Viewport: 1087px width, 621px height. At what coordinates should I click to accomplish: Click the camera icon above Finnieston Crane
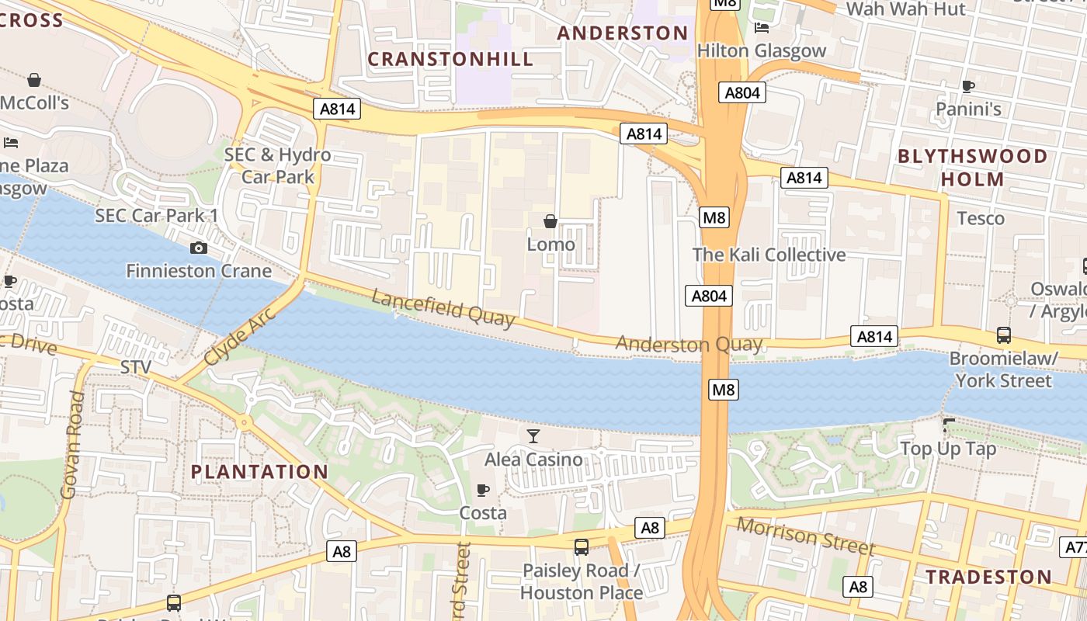(x=199, y=248)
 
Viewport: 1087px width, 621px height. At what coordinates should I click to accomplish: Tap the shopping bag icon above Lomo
(x=550, y=222)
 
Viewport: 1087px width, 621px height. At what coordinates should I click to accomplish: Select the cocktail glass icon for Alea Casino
(x=533, y=436)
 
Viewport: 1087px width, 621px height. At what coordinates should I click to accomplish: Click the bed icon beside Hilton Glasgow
(x=762, y=28)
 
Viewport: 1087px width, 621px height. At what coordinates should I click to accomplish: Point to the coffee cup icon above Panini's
(x=967, y=86)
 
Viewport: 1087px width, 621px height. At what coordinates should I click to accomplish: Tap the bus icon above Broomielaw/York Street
(x=1003, y=335)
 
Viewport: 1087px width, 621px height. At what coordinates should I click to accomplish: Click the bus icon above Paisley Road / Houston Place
(x=581, y=547)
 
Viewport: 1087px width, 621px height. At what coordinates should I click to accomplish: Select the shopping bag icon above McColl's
(x=34, y=80)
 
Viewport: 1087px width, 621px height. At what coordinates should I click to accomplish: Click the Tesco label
(x=981, y=218)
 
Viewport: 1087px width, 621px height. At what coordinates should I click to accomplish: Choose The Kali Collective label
(x=769, y=255)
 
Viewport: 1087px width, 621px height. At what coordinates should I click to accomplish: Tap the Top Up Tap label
(x=947, y=449)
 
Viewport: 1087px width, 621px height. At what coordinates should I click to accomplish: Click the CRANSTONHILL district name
(x=450, y=59)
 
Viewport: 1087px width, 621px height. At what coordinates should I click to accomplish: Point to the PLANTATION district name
(x=259, y=472)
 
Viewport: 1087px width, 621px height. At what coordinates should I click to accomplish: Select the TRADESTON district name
(x=988, y=577)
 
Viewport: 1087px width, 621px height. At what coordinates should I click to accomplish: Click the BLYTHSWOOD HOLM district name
(x=972, y=168)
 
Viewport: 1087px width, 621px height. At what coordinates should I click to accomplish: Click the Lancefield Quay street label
(x=443, y=308)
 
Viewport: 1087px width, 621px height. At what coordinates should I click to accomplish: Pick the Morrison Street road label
(x=805, y=536)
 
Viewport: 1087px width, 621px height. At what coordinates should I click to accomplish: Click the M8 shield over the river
(x=723, y=390)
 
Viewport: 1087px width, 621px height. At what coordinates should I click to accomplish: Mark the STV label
(x=136, y=366)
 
